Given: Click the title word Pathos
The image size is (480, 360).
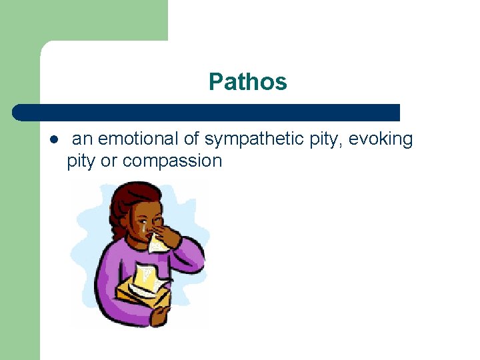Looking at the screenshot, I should (x=247, y=82).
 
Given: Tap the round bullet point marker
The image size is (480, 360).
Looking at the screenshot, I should (x=53, y=140).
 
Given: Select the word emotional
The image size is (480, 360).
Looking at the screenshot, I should (x=137, y=139).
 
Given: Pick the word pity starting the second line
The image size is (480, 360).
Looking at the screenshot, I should (x=81, y=161).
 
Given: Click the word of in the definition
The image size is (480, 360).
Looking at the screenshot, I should (x=191, y=139).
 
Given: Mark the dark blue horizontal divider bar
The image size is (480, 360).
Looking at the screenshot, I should (x=207, y=112).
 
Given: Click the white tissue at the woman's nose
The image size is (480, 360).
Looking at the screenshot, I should (x=157, y=243).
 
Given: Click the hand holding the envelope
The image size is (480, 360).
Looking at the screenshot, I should (x=159, y=313).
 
